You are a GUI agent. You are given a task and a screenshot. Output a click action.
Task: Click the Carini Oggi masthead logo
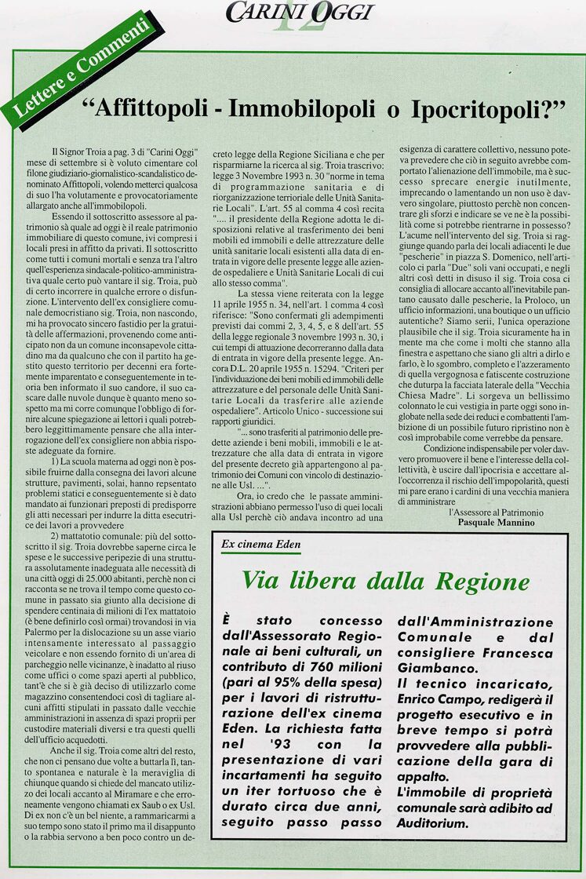tap(300, 12)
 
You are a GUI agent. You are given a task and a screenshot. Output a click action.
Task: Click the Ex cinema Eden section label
tap(261, 544)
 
